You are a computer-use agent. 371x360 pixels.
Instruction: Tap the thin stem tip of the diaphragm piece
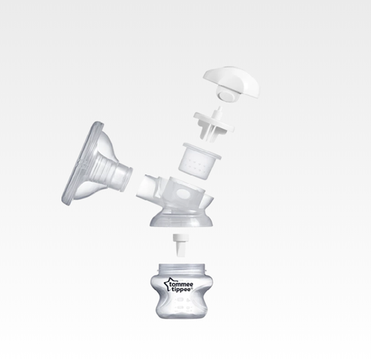tap(219, 111)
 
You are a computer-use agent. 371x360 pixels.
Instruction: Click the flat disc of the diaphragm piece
tap(214, 122)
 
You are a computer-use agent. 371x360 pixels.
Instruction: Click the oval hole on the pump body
tap(183, 194)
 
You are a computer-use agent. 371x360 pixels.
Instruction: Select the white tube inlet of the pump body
tap(145, 188)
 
